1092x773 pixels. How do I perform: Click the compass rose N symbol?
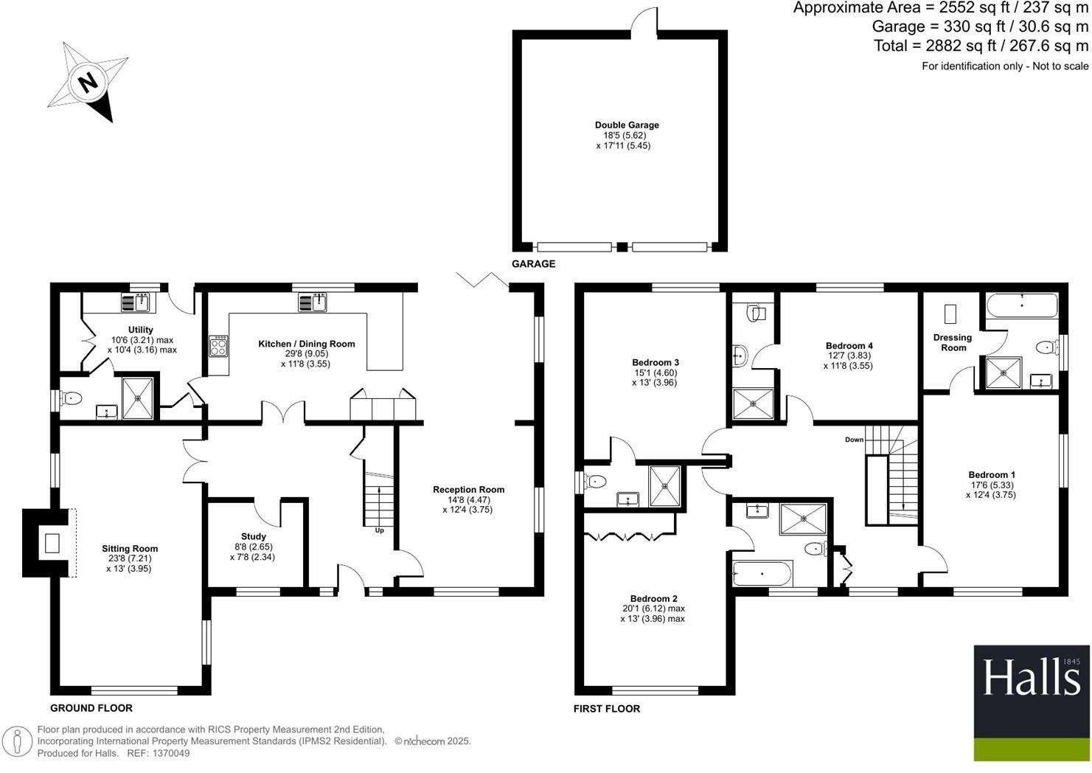[88, 81]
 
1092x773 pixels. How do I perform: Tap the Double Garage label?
[627, 125]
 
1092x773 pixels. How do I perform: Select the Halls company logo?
[1031, 702]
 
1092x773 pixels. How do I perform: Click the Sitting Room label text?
[130, 549]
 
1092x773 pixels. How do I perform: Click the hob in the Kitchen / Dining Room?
[219, 346]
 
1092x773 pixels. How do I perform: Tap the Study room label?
[254, 536]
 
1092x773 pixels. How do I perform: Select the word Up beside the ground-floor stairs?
[380, 530]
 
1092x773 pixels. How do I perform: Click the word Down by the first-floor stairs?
[854, 440]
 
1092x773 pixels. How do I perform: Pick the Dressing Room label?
[953, 342]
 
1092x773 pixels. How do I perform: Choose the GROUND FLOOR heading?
[91, 708]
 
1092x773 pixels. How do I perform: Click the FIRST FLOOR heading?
[607, 709]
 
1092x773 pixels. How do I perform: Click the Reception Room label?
[468, 490]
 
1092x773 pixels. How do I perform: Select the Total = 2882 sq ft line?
[981, 46]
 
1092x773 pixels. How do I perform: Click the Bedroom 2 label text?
[653, 599]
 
